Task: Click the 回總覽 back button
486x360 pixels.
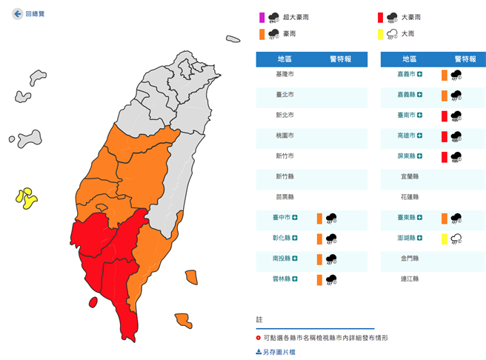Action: tap(29, 13)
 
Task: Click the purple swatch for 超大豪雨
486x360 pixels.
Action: tap(261, 17)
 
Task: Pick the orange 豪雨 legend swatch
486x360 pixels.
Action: tap(261, 34)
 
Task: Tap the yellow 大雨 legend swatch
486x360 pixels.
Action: tap(380, 34)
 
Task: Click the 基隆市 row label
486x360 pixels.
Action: tap(285, 74)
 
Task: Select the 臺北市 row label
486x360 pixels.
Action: tap(285, 95)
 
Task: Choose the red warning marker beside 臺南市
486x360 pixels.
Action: tap(445, 116)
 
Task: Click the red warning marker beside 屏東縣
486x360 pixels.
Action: tap(445, 156)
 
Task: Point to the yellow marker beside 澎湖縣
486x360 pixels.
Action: tap(445, 239)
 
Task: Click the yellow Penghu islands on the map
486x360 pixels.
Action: tap(26, 198)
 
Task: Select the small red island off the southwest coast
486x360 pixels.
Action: tap(93, 301)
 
